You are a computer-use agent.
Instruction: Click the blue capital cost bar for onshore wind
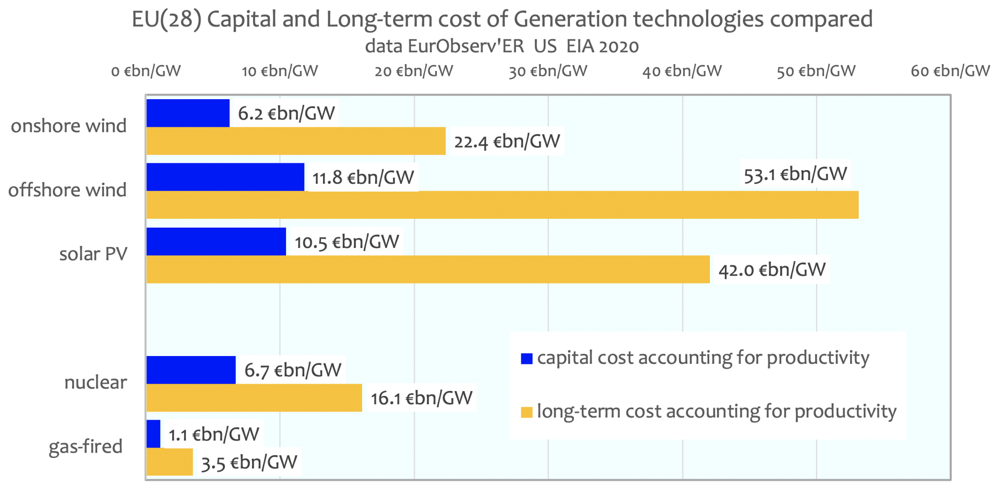coord(188,113)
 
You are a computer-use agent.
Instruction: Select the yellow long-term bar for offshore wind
coord(502,205)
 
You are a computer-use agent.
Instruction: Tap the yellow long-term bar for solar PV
coord(428,269)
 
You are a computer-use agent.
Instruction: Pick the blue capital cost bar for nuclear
coord(191,370)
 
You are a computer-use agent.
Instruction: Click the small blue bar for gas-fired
coord(153,434)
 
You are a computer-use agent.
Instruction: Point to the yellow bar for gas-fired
coord(170,462)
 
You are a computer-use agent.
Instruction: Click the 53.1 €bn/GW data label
coord(795,174)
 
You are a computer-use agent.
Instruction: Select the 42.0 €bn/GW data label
coord(772,269)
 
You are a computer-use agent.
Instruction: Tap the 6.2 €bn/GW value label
coord(287,113)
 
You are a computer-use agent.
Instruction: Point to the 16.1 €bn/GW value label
coord(421,398)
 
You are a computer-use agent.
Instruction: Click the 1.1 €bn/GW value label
coord(213,434)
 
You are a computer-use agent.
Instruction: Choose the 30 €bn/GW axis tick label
coord(548,71)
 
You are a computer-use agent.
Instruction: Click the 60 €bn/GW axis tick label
coord(950,71)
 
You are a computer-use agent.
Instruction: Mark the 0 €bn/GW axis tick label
coord(146,71)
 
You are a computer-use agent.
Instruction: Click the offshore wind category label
coord(67,190)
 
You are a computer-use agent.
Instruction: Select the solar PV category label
coord(93,254)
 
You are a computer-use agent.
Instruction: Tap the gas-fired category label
coord(86,447)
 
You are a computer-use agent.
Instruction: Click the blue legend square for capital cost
coord(527,359)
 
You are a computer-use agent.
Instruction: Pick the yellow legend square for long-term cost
coord(527,412)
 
